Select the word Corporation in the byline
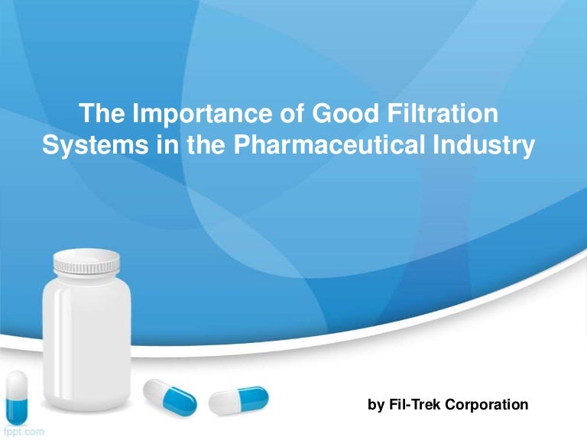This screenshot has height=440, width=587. point(489,404)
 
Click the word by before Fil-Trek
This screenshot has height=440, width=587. point(376,404)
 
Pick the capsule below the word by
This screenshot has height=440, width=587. point(238,400)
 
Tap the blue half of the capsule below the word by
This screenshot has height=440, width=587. point(255,396)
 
